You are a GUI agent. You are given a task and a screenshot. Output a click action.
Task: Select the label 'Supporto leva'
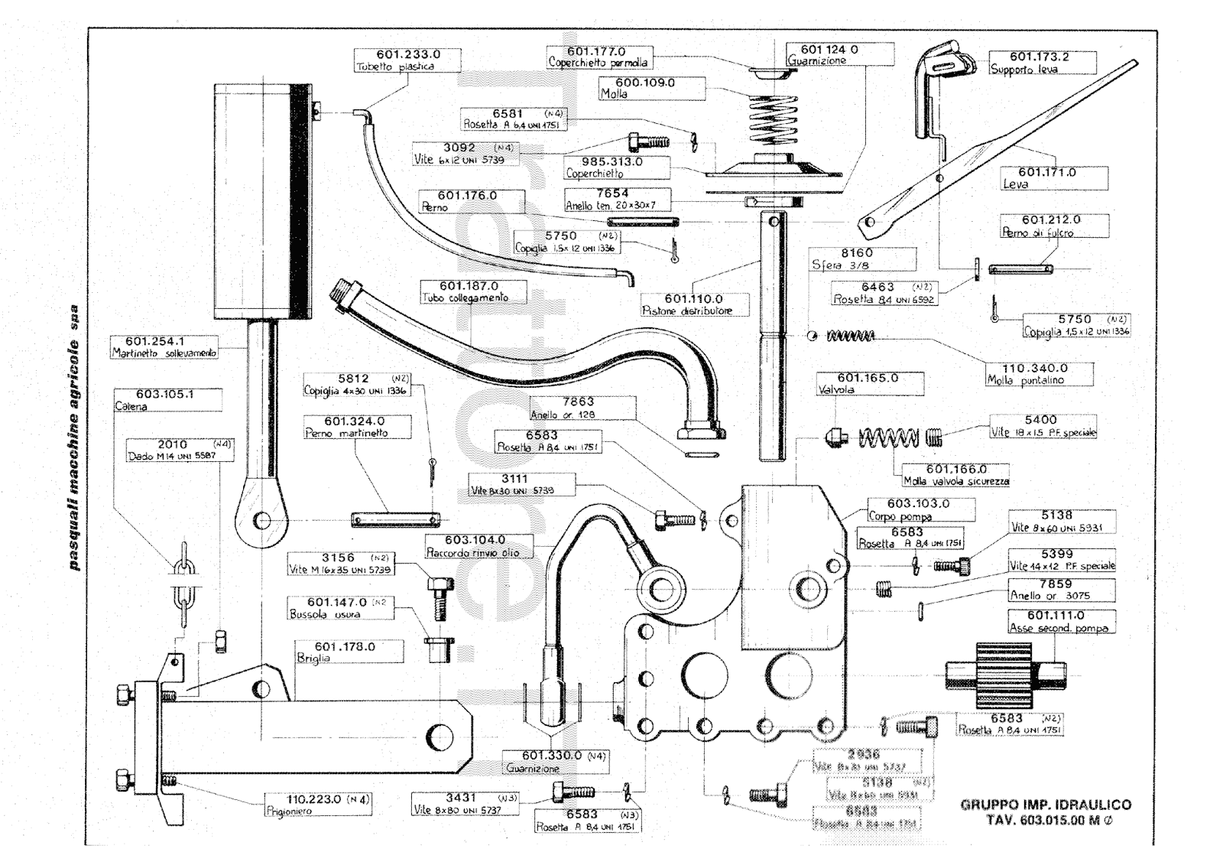tap(1024, 70)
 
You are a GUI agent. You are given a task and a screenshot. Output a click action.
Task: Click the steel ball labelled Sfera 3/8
tap(814, 336)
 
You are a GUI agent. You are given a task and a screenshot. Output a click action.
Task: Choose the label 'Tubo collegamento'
tap(465, 298)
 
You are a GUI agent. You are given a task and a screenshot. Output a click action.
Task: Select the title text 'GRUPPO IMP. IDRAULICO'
tap(1046, 805)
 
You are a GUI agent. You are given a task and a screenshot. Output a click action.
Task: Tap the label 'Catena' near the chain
tap(131, 407)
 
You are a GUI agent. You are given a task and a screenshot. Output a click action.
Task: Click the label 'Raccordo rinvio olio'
tap(472, 552)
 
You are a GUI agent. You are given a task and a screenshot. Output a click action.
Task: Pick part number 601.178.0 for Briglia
tap(345, 647)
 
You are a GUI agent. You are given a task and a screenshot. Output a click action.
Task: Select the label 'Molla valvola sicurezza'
tap(956, 481)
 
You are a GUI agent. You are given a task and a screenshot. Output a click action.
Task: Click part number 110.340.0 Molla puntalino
tap(1035, 368)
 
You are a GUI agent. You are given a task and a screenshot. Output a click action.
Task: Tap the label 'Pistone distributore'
tap(687, 311)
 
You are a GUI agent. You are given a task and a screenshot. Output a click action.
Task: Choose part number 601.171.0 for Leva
tap(1046, 173)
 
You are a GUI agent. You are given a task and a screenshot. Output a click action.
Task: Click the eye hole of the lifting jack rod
tap(262, 520)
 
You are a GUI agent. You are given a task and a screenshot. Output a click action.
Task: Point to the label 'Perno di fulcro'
tap(1037, 233)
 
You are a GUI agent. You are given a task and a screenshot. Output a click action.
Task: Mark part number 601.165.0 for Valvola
tap(868, 378)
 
